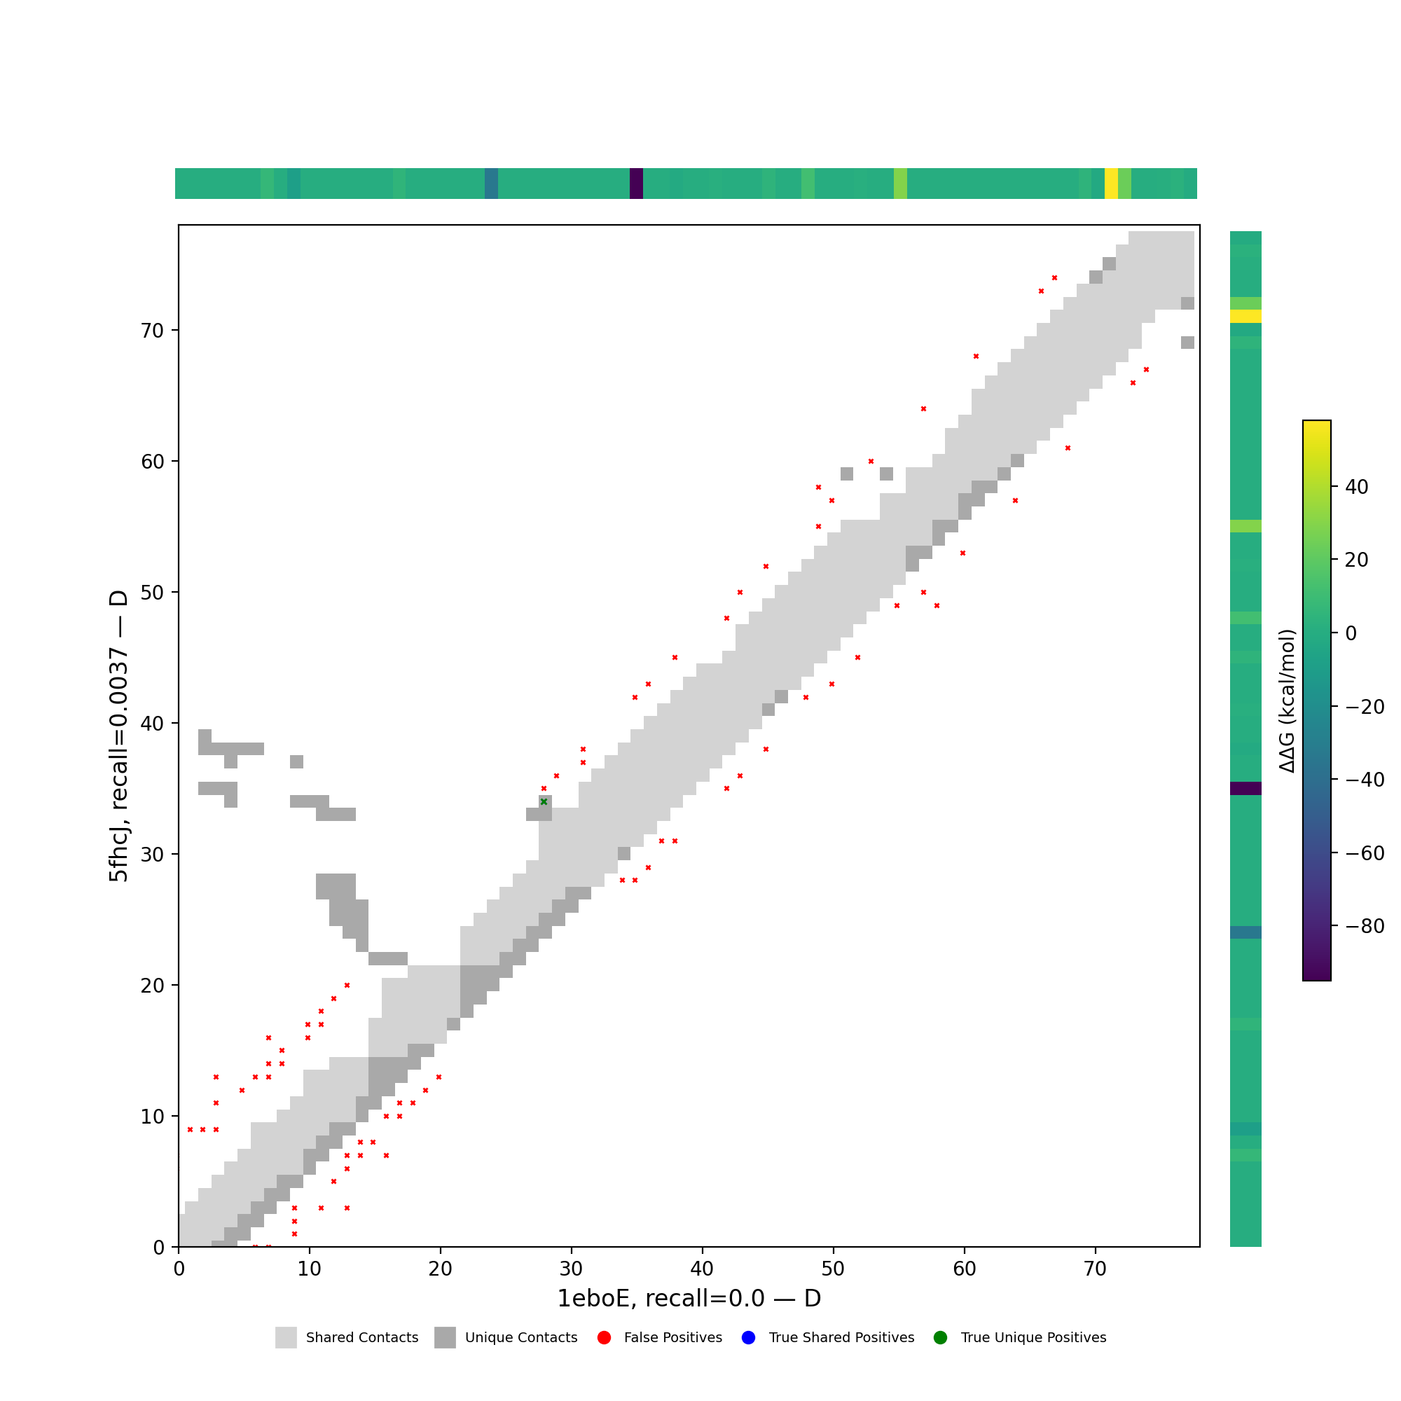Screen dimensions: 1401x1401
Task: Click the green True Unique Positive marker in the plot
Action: (x=544, y=801)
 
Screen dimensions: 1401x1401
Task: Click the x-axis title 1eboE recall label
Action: (x=688, y=1299)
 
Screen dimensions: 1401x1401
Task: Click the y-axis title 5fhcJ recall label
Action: (x=118, y=736)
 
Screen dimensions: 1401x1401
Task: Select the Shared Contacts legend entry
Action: (x=347, y=1338)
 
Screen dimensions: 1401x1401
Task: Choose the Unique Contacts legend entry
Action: (x=506, y=1338)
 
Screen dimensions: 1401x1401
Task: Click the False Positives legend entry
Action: (x=660, y=1338)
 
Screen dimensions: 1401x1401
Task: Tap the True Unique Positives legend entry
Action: (x=1021, y=1338)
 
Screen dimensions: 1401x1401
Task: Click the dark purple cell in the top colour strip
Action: (x=636, y=184)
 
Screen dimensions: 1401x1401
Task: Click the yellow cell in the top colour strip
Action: (x=1111, y=184)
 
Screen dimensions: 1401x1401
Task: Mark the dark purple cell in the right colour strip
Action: (x=1245, y=788)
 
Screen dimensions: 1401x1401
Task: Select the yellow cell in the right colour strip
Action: (x=1245, y=316)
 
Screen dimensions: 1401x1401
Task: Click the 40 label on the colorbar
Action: (x=1357, y=487)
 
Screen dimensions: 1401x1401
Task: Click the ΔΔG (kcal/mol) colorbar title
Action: (x=1287, y=701)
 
